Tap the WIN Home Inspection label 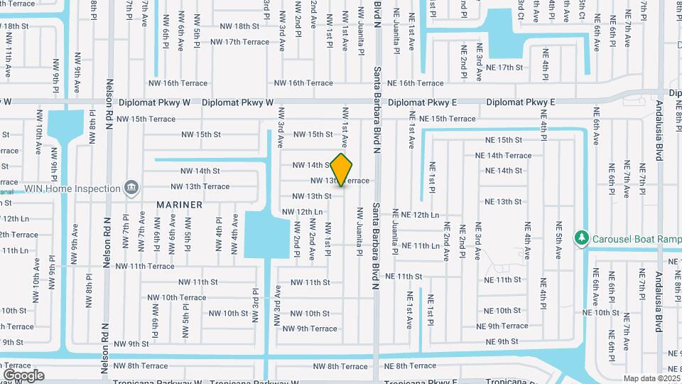pos(72,188)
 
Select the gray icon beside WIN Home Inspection pos(131,188)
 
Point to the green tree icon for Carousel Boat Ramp pos(582,236)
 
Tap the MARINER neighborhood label pos(180,204)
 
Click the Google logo pos(23,375)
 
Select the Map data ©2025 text pos(651,378)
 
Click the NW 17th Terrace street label pos(239,42)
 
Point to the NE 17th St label pos(504,68)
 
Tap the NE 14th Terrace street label pos(503,155)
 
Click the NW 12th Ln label pos(303,211)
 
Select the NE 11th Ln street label pos(421,245)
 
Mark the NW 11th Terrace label pos(144,266)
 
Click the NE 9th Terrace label pos(503,326)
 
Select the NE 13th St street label pos(504,202)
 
